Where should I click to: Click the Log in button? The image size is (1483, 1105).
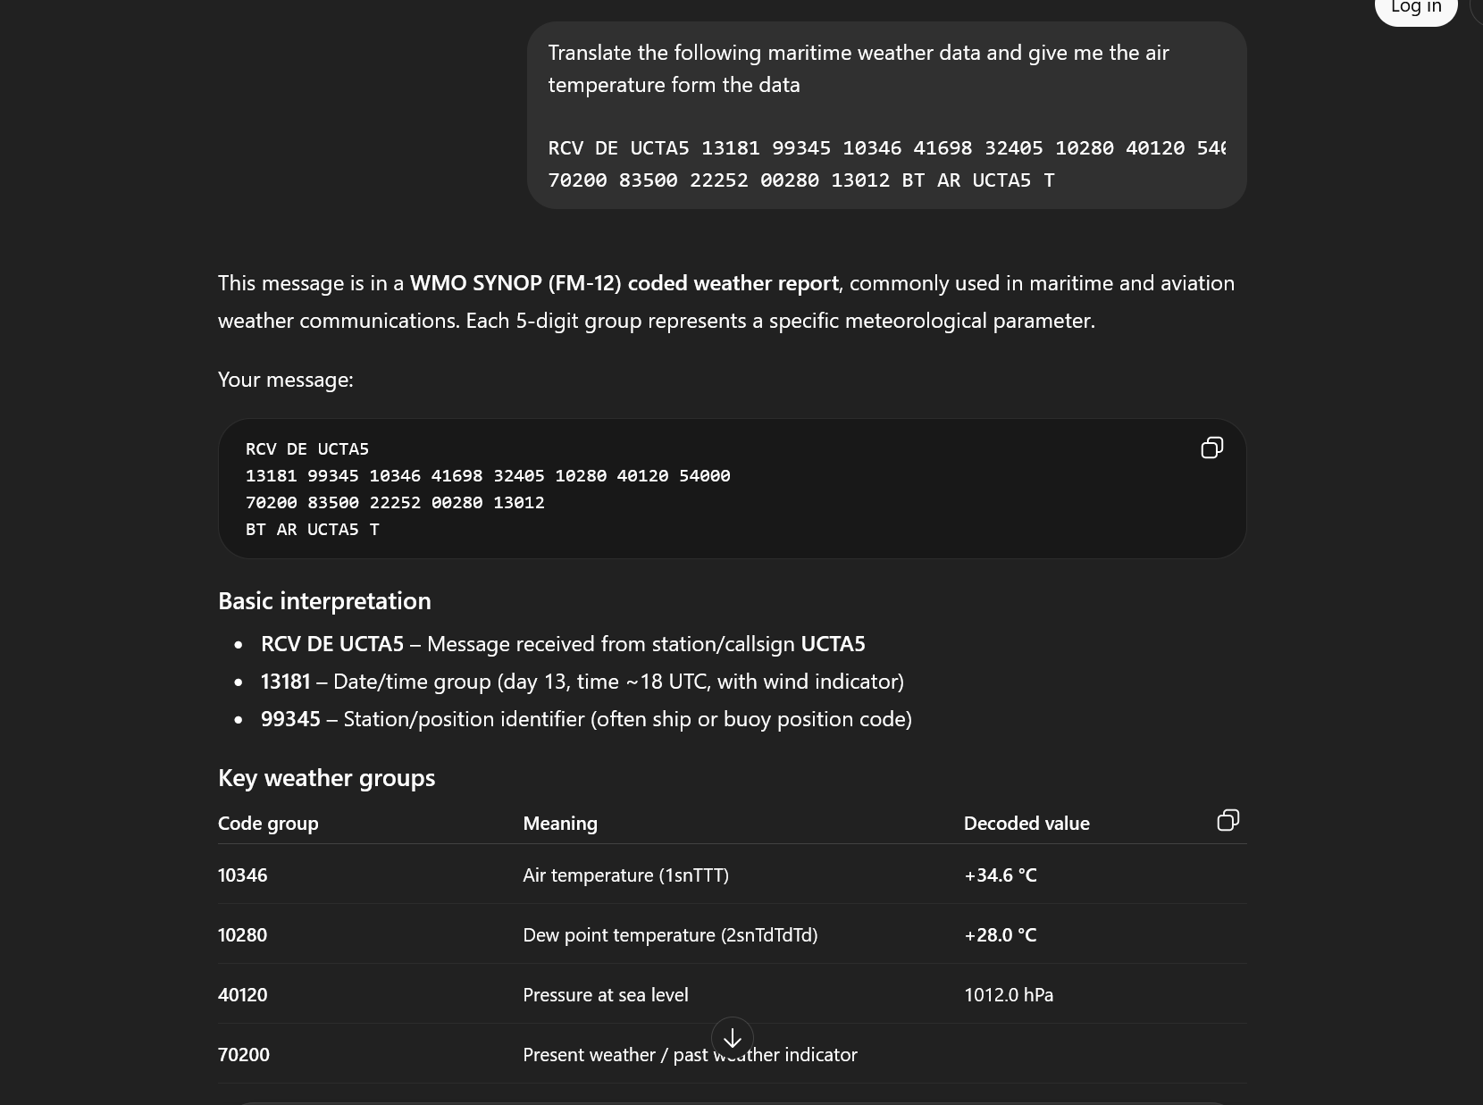1415,8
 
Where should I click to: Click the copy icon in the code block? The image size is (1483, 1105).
1211,448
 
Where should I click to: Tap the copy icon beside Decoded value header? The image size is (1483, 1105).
1227,820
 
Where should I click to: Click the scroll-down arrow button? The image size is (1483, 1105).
733,1038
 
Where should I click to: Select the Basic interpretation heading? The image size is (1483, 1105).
324,600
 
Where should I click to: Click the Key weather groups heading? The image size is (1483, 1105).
326,777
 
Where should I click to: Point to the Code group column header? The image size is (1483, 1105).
268,823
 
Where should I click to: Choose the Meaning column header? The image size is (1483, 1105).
560,823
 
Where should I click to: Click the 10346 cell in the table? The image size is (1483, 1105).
243,875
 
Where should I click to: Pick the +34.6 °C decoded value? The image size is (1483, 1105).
1001,875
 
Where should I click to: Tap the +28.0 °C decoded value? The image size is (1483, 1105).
1001,934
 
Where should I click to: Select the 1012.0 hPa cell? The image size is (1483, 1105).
1009,994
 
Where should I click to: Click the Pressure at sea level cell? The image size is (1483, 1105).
606,994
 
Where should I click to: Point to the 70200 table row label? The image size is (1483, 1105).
244,1054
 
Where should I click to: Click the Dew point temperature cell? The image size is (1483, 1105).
670,934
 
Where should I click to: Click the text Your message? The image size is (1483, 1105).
286,379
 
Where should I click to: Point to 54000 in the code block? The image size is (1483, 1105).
705,475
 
